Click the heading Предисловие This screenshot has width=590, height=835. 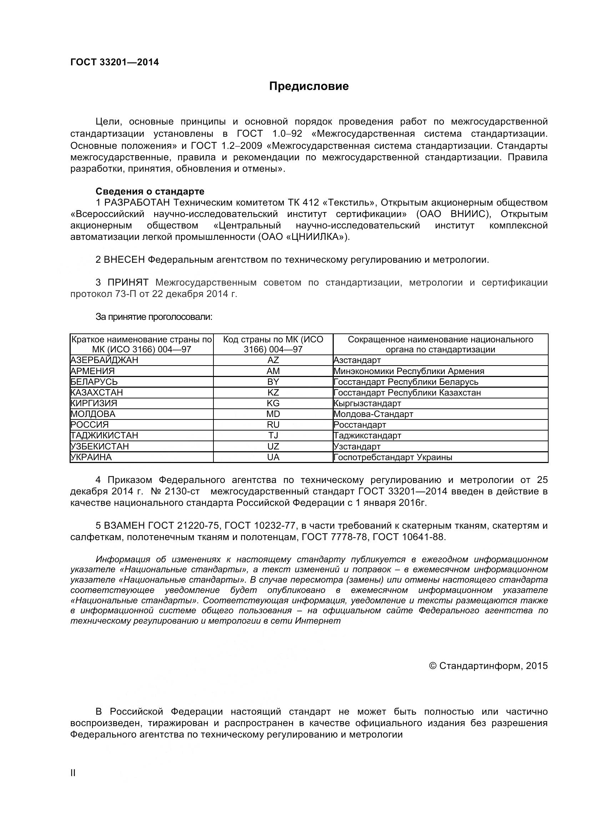[x=309, y=86]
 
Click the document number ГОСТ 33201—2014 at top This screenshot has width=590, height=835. [x=115, y=62]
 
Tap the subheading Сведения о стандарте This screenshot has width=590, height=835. [x=150, y=191]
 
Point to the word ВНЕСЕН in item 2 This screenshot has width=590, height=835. [x=124, y=260]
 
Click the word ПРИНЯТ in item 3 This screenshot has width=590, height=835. [x=128, y=283]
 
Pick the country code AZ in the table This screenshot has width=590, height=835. [x=273, y=360]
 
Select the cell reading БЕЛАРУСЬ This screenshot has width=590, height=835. [x=94, y=382]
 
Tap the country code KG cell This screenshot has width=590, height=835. [x=273, y=403]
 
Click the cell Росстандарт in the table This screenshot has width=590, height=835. [x=359, y=424]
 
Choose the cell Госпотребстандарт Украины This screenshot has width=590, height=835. [x=393, y=457]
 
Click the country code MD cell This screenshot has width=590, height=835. [x=273, y=414]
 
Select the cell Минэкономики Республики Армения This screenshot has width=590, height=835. [x=409, y=371]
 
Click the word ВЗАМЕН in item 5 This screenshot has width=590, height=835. [x=124, y=525]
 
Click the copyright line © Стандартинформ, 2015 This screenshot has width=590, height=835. [x=488, y=665]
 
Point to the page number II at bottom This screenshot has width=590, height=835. [x=73, y=783]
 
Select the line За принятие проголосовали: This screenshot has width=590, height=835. [x=154, y=317]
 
